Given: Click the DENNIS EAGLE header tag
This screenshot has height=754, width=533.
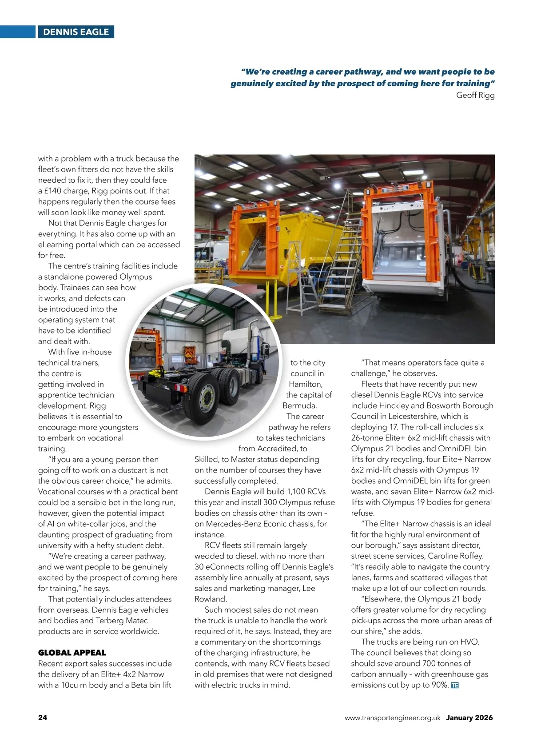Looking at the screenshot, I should [76, 32].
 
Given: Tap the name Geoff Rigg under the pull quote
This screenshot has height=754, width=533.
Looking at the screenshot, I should [475, 95].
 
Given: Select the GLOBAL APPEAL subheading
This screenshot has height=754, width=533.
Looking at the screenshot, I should [72, 653].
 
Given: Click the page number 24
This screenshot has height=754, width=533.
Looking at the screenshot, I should [43, 718].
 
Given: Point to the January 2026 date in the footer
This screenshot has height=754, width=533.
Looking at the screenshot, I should [469, 718].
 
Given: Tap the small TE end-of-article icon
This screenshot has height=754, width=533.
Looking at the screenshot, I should [454, 686].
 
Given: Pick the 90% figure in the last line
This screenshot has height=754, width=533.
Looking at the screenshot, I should [439, 685].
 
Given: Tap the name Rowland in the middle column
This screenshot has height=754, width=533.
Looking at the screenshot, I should [211, 599].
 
